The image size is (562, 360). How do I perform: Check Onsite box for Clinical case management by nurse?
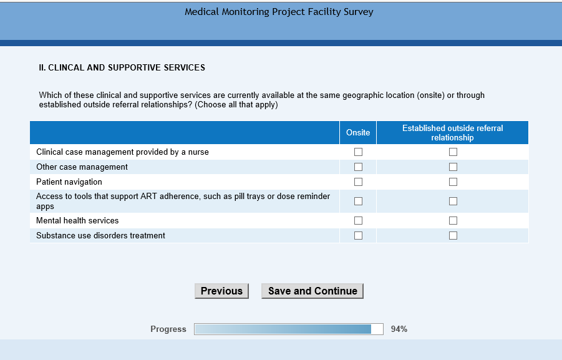point(358,152)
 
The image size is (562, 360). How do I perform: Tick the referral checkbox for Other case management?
point(453,167)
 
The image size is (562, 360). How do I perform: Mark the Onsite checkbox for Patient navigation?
point(358,182)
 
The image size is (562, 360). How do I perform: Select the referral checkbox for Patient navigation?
point(453,182)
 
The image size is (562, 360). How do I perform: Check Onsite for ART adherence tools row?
point(358,202)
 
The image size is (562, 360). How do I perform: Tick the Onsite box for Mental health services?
point(358,221)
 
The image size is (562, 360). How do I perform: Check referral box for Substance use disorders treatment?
point(453,236)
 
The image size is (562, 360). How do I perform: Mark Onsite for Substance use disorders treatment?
point(358,236)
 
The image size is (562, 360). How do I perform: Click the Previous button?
point(221,291)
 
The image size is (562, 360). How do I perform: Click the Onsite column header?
point(358,132)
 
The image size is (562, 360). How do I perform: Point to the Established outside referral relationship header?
point(452,132)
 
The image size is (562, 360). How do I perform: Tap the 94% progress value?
point(399,329)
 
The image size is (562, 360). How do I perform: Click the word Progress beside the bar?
point(168,329)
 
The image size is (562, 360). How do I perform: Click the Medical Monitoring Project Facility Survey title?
point(279,12)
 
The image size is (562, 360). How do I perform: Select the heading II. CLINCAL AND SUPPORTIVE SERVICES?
point(122,67)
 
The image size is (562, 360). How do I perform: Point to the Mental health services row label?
point(77,221)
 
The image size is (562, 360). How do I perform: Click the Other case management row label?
point(82,167)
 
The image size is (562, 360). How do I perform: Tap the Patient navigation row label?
point(69,182)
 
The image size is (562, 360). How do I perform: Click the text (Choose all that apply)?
point(236,105)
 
